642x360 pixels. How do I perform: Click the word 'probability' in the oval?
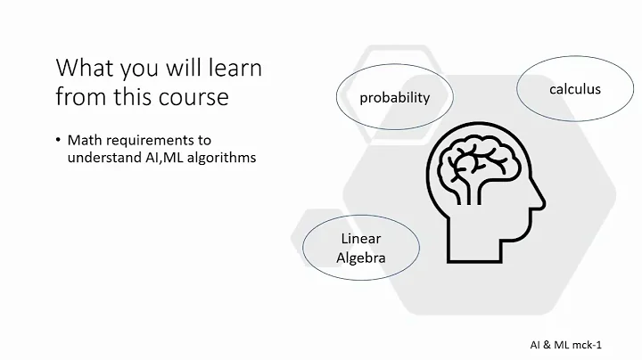tap(394, 98)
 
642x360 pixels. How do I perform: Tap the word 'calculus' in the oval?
tap(574, 89)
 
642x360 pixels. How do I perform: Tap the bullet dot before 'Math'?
tap(58, 141)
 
